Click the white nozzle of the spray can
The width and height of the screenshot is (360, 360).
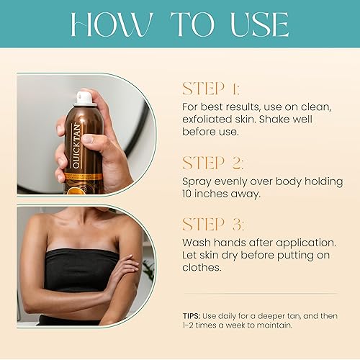coord(84,97)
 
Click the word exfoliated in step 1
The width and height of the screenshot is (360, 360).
coord(207,120)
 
